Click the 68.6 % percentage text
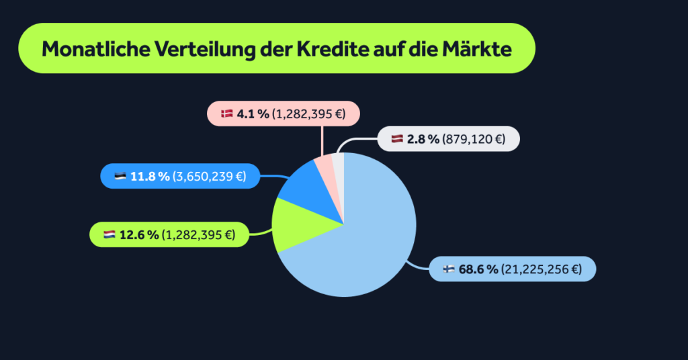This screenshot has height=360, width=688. click(x=478, y=269)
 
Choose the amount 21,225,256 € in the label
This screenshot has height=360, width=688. click(x=541, y=269)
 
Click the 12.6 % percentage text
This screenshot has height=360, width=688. click(x=139, y=234)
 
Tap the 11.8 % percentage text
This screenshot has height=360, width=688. click(x=150, y=177)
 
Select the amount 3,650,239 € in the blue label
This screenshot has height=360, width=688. click(x=209, y=177)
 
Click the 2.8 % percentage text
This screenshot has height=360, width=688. click(x=423, y=139)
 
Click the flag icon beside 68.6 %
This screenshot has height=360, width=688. click(x=449, y=269)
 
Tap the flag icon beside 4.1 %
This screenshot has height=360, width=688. click(x=226, y=114)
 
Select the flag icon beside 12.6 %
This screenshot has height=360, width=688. click(x=110, y=234)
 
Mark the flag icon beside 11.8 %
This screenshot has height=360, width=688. click(x=120, y=177)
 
